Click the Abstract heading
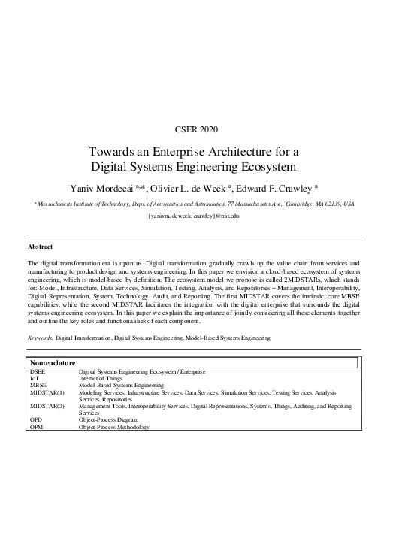point(41,247)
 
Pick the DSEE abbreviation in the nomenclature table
point(38,371)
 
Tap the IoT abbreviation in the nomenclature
point(35,378)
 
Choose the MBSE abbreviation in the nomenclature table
point(38,385)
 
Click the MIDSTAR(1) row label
point(47,392)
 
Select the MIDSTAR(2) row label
point(47,406)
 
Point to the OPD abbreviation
point(36,420)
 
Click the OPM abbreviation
point(36,427)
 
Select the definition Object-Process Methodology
point(114,427)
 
